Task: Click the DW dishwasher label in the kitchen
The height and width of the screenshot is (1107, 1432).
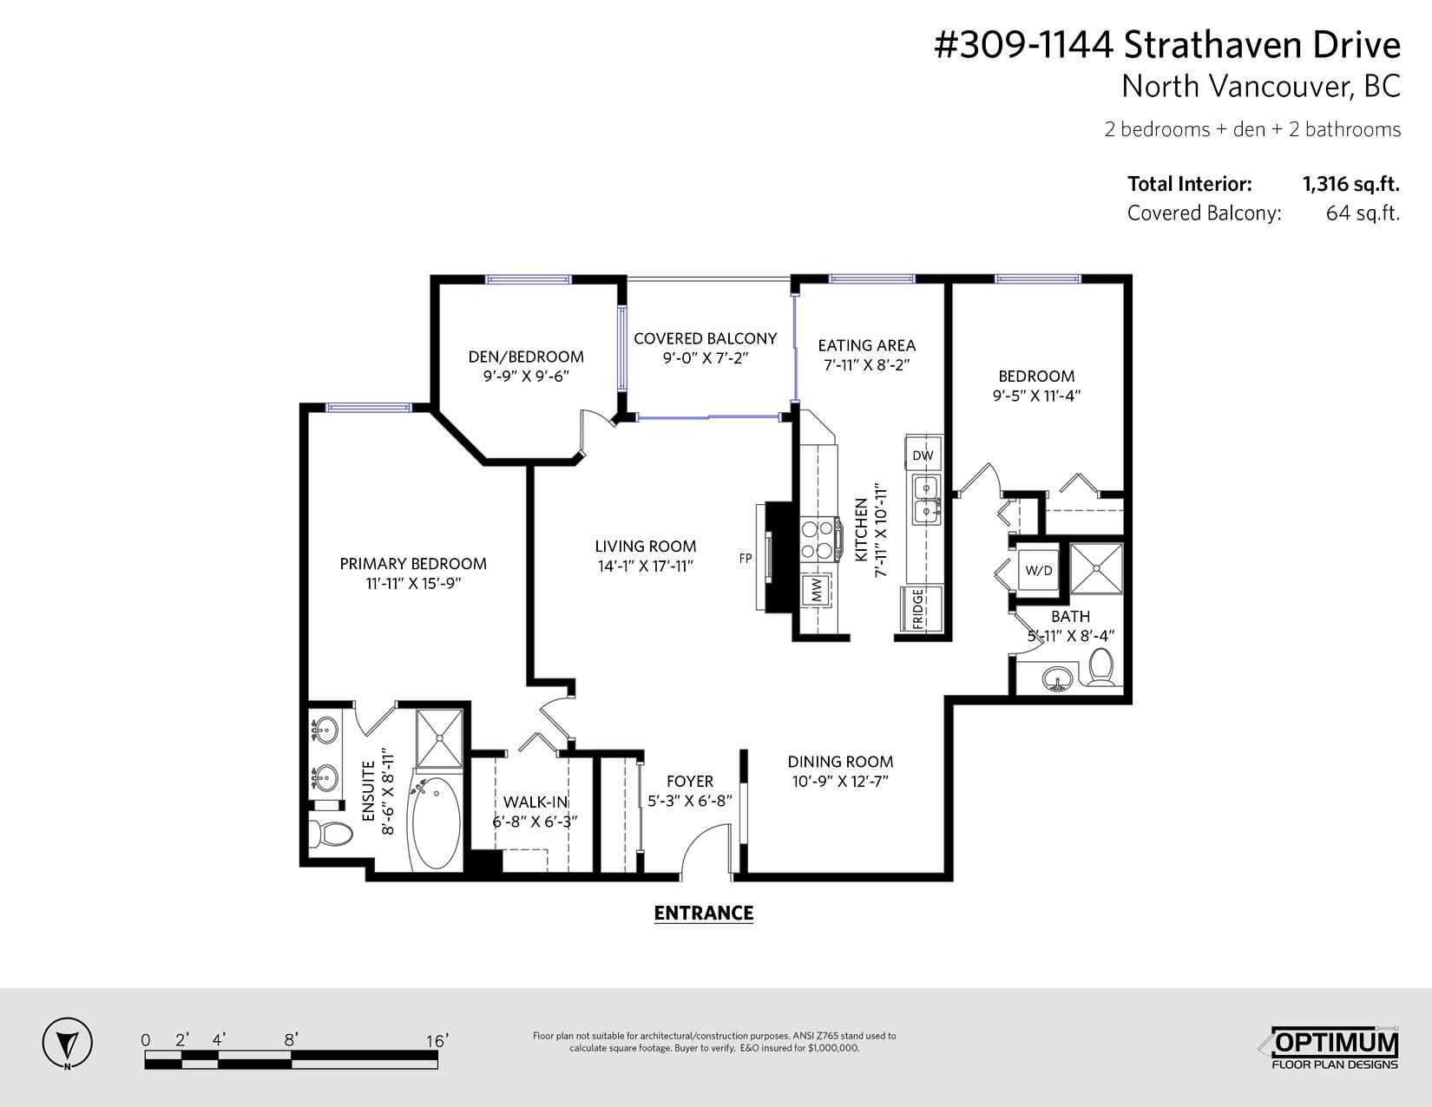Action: click(923, 455)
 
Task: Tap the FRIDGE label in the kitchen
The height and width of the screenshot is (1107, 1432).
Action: click(917, 609)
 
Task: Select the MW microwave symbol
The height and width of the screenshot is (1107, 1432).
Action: click(818, 591)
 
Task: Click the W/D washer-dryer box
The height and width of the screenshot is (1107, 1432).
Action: click(1039, 570)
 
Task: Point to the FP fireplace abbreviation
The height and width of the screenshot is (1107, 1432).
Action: click(746, 559)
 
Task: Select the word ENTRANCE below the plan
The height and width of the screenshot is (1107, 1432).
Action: click(703, 913)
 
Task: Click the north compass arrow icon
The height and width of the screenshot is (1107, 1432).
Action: click(67, 1043)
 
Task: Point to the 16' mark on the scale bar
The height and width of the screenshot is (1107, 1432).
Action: click(437, 1040)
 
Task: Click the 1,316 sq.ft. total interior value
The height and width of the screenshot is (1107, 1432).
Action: click(1351, 185)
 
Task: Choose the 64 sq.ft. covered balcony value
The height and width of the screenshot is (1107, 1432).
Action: click(1363, 213)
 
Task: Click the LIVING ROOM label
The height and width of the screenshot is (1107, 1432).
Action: click(645, 547)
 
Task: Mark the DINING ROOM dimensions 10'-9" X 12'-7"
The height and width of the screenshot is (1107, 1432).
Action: click(840, 782)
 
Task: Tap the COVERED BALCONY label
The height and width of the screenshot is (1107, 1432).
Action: click(705, 338)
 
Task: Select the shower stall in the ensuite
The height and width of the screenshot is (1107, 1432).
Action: click(439, 738)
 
